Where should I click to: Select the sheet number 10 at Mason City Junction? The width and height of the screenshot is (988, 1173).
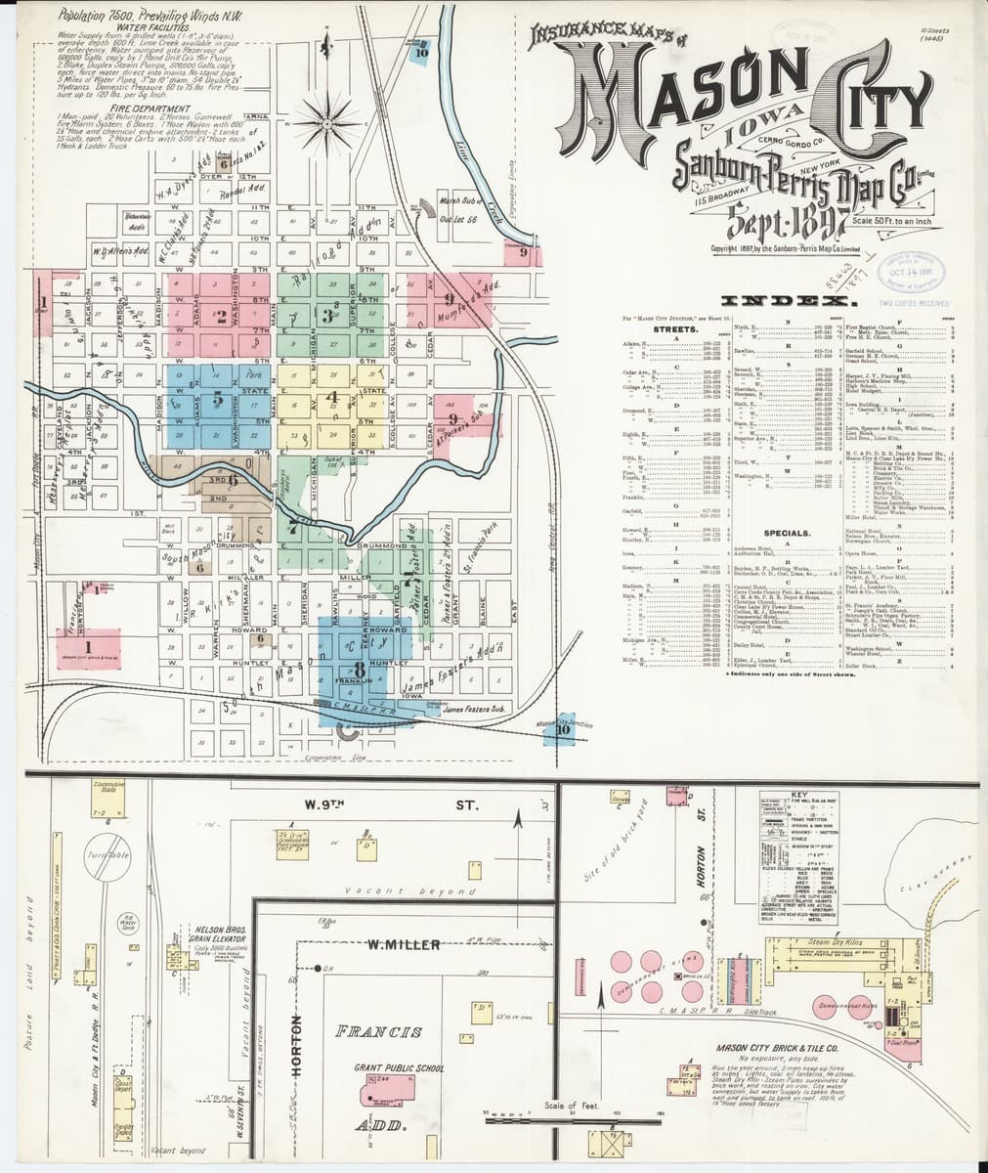pyautogui.click(x=562, y=729)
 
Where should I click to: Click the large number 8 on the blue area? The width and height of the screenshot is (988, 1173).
pyautogui.click(x=360, y=668)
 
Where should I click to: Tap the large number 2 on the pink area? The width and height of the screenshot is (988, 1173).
pyautogui.click(x=221, y=315)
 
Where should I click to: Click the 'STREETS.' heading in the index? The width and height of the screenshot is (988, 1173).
pyautogui.click(x=674, y=330)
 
